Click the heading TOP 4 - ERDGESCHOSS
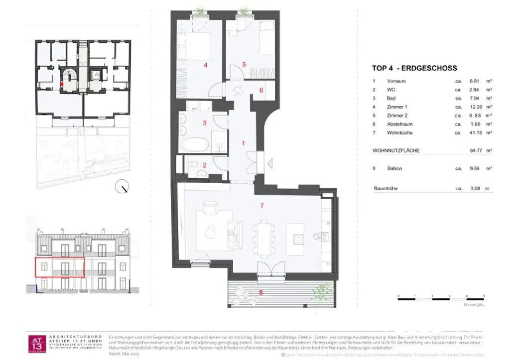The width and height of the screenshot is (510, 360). [414, 68]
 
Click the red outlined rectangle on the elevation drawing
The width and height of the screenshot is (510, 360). [59, 266]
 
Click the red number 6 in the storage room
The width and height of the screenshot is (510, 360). [261, 90]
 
